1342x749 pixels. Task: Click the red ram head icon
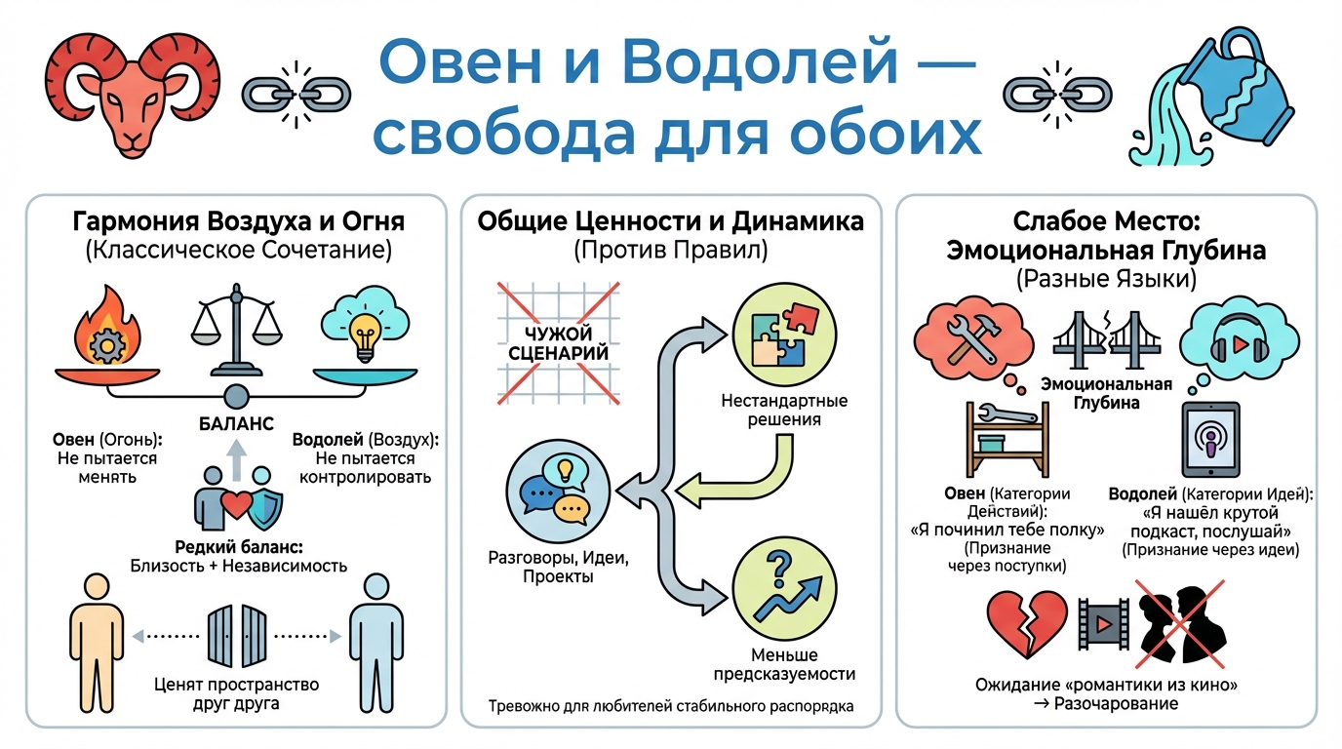[133, 92]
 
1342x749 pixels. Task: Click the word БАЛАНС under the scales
[234, 423]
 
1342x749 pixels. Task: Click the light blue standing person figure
[370, 635]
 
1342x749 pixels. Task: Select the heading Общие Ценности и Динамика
[670, 222]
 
